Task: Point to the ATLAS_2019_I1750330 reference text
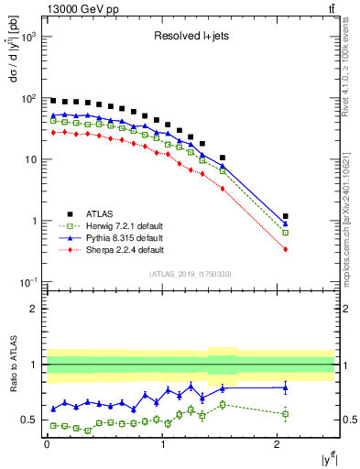190,274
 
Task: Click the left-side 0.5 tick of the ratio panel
30,420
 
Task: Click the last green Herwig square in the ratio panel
286,414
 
